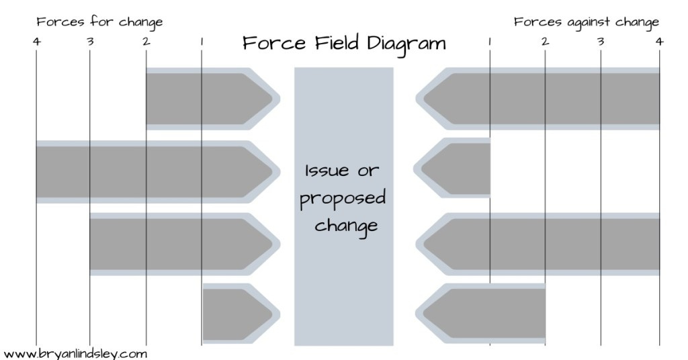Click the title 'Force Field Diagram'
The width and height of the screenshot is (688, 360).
coord(343,44)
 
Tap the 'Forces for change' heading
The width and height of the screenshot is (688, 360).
coord(99,22)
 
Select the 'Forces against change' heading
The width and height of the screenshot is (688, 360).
coord(586,22)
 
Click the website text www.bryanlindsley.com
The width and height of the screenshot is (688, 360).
coord(75,353)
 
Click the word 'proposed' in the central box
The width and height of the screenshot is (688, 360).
coord(343,199)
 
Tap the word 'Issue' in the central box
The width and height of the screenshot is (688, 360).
coord(328,171)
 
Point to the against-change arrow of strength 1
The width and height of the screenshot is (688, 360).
coord(457,168)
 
